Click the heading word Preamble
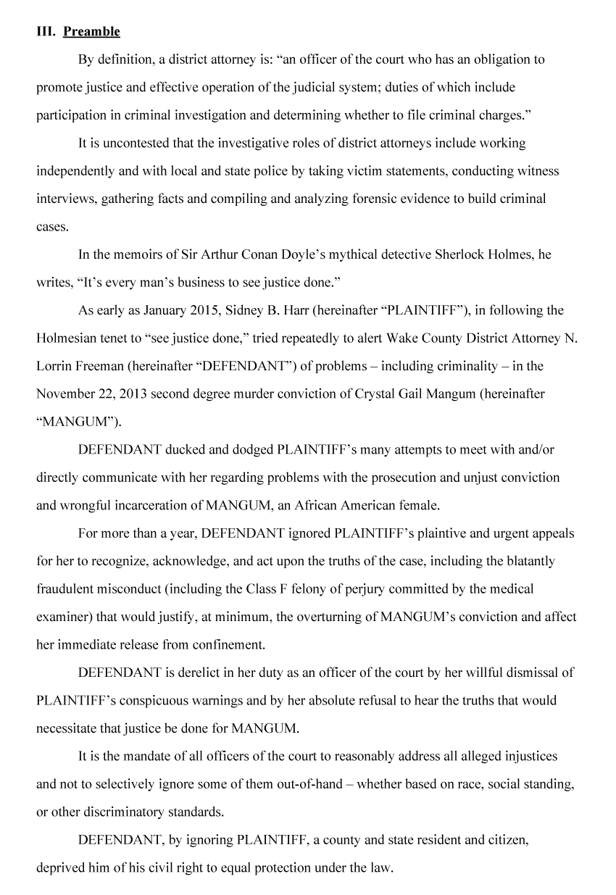point(91,31)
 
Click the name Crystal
point(370,394)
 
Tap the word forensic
point(376,199)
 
